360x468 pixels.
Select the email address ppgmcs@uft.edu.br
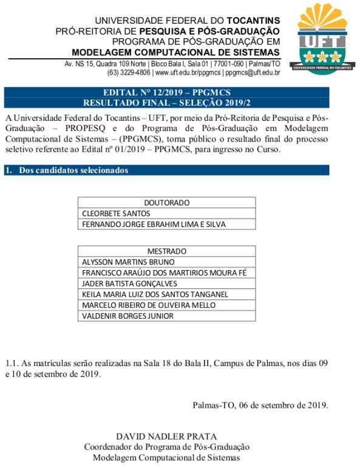253,73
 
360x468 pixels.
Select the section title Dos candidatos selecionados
73,171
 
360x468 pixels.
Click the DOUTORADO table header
166,203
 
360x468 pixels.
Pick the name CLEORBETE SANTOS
116,214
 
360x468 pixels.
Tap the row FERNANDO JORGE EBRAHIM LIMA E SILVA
154,225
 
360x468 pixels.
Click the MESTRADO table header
166,251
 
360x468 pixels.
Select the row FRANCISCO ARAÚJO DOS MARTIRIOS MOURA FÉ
164,273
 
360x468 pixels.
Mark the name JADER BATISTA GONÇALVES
129,284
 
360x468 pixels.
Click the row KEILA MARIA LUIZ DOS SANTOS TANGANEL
155,294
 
